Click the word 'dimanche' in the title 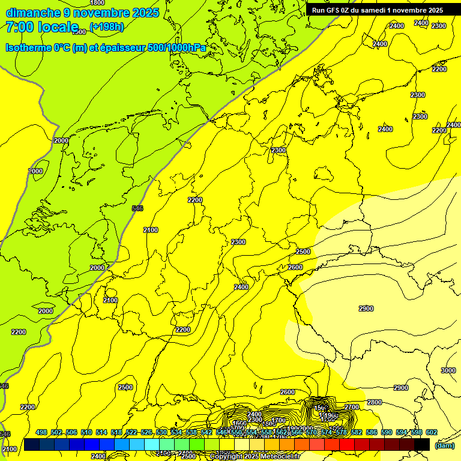point(33,13)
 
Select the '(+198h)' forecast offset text point(106,26)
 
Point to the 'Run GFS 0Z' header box point(377,10)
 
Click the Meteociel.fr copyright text point(255,456)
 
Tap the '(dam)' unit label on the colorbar point(445,445)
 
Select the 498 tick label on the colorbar point(41,433)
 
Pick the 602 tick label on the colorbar point(431,433)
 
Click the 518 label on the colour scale point(116,433)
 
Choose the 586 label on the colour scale point(371,433)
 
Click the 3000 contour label point(448,370)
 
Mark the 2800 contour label point(374,402)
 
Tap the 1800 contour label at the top point(97,3)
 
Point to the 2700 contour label point(352,407)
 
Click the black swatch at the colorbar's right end point(422,444)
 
